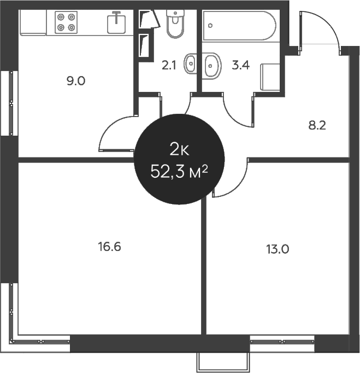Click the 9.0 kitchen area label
pyautogui.click(x=76, y=81)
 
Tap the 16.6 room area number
pyautogui.click(x=110, y=247)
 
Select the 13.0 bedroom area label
pyautogui.click(x=278, y=249)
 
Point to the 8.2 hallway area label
pyautogui.click(x=317, y=125)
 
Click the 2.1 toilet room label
pyautogui.click(x=169, y=65)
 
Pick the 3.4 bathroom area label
pyautogui.click(x=240, y=65)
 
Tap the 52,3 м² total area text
pyautogui.click(x=179, y=172)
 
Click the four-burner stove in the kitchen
pyautogui.click(x=66, y=22)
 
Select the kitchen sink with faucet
pyautogui.click(x=116, y=22)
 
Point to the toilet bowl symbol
pyautogui.click(x=175, y=24)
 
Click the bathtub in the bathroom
pyautogui.click(x=239, y=26)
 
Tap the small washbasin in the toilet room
pyautogui.click(x=190, y=63)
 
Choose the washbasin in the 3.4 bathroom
pyautogui.click(x=212, y=66)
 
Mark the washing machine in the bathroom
pyautogui.click(x=270, y=77)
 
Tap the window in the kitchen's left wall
pyautogui.click(x=9, y=103)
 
